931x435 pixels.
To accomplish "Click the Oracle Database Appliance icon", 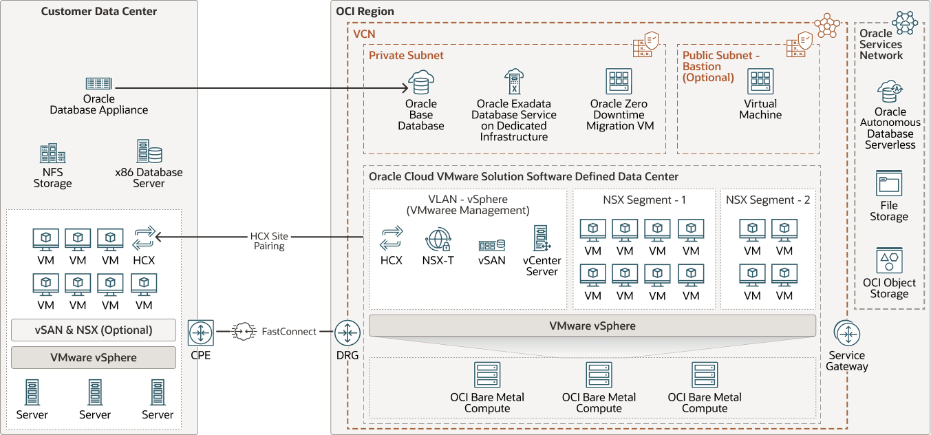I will pos(99,83).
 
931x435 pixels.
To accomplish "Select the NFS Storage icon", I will pos(52,154).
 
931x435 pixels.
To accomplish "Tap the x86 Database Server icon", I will pos(149,151).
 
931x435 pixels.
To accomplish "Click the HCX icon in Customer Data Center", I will pos(144,239).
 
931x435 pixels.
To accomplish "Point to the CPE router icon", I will pos(200,332).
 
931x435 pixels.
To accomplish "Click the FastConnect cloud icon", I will pos(244,332).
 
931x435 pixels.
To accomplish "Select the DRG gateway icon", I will pos(347,333).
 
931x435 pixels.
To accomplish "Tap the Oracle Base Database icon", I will pos(420,83).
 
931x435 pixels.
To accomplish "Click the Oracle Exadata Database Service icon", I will pos(513,82).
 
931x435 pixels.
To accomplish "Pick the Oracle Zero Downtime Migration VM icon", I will pos(619,81).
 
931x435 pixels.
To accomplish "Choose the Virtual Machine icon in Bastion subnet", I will pos(760,81).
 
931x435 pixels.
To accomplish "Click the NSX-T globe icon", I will pos(437,240).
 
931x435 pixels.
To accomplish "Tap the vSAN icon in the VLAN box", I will pos(492,245).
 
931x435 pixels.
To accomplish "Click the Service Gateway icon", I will pos(847,334).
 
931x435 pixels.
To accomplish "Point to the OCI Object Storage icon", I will pos(889,261).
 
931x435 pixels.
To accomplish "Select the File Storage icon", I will pos(889,184).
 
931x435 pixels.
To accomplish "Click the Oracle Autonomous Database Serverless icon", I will pos(890,91).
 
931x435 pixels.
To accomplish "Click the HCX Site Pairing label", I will pos(268,241).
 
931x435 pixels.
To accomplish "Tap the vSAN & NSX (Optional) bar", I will pos(94,330).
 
